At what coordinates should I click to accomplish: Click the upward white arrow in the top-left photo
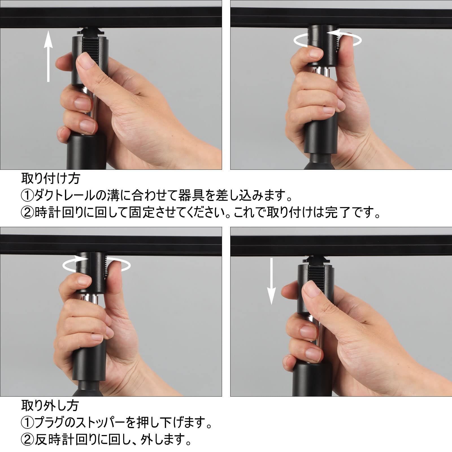(x=49, y=56)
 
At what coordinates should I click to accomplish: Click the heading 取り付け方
(x=51, y=179)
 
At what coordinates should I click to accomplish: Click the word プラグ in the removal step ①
(x=53, y=423)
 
